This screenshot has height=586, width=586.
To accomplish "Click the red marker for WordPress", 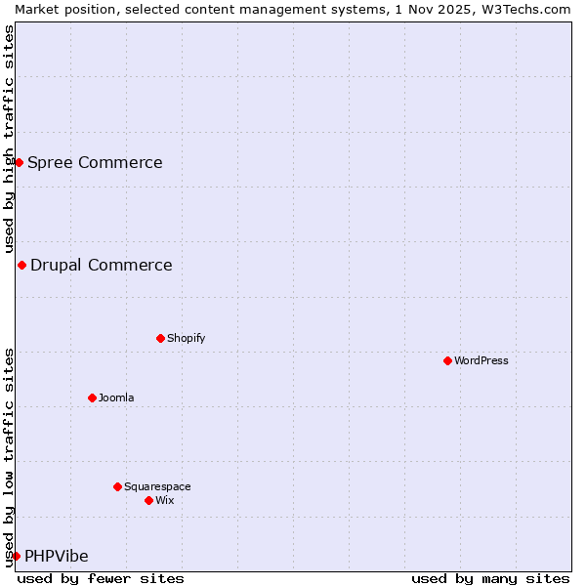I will (447, 360).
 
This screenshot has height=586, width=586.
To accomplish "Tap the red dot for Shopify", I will (160, 338).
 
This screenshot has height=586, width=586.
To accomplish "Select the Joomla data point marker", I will (92, 398).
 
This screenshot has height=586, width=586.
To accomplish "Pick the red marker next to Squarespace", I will (117, 486).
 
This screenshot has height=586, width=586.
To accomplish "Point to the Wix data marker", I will (148, 500).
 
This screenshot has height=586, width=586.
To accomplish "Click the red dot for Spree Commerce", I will (19, 162).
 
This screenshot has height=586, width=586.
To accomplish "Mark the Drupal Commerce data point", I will (21, 265).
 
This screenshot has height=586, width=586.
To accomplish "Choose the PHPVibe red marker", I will (16, 556).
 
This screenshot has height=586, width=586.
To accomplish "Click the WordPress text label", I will (481, 360).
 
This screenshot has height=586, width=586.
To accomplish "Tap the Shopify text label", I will (186, 338).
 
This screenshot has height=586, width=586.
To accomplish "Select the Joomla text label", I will (116, 398).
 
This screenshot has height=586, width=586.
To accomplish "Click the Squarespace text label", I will (157, 486).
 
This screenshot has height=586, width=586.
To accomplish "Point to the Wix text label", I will (165, 500).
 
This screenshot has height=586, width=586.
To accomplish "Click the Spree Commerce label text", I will (95, 162).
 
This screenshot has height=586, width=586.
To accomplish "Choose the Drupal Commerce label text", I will (102, 265).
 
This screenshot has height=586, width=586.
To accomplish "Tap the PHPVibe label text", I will (57, 556).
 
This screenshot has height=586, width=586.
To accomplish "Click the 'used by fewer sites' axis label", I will (101, 578).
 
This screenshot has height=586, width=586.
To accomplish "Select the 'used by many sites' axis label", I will (490, 578).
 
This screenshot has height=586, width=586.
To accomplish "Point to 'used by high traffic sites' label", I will (9, 139).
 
